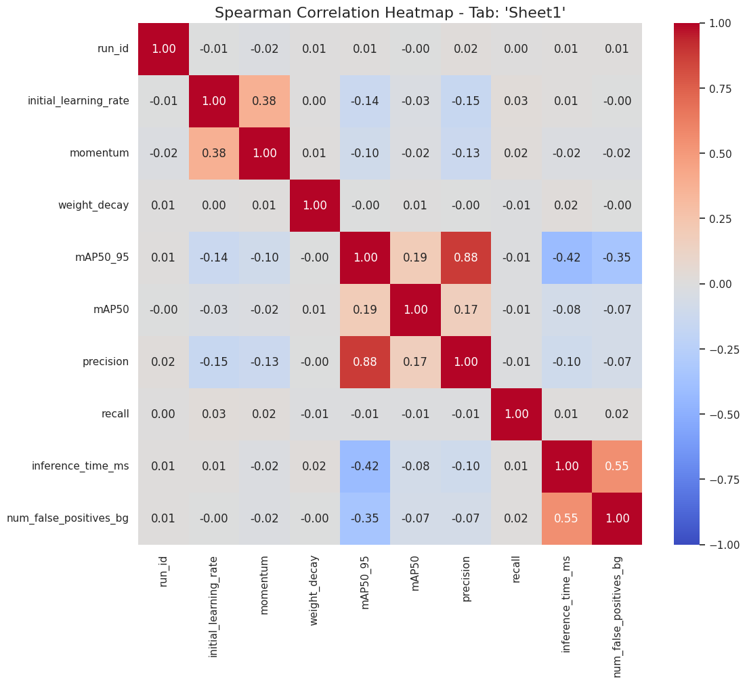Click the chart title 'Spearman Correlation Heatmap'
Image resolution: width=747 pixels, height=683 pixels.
point(373,12)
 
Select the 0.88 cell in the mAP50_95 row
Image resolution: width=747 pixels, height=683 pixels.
point(466,257)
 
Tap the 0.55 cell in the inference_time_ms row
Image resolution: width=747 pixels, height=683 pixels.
point(617,466)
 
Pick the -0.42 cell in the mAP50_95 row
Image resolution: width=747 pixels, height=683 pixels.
point(567,257)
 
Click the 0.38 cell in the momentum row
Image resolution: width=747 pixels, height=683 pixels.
point(214,153)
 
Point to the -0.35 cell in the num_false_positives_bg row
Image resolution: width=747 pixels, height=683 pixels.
point(365,518)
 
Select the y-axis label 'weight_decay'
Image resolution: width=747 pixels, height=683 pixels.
point(93,205)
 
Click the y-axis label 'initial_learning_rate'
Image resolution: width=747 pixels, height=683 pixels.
point(78,101)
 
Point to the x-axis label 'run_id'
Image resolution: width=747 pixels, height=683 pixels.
point(163,571)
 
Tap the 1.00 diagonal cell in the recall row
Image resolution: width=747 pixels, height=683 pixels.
point(516,414)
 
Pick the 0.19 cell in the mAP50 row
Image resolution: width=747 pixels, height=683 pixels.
point(365,310)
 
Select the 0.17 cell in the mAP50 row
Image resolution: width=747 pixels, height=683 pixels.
point(466,310)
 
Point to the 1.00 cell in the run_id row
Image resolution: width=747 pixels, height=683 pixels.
point(163,49)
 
